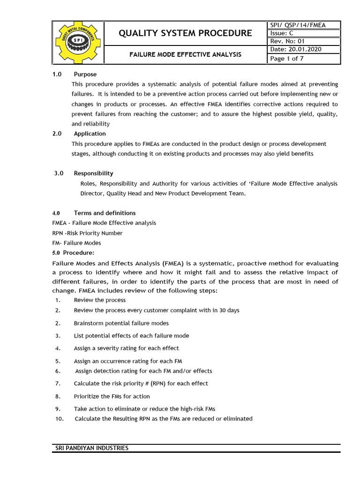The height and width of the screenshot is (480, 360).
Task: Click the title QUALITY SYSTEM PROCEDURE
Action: (185, 33)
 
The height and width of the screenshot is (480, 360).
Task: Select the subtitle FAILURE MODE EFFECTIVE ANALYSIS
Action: (185, 54)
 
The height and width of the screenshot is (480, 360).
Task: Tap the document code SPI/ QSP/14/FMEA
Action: (297, 25)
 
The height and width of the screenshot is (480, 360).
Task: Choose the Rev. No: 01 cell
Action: (288, 41)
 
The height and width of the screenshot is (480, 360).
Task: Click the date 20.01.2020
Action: (305, 50)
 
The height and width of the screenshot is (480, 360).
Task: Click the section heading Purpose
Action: (85, 74)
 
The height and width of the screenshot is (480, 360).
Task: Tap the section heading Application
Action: (90, 134)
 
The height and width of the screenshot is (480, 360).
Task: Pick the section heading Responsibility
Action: (93, 173)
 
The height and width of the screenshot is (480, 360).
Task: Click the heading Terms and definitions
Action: (105, 213)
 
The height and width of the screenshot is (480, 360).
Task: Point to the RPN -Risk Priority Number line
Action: (87, 233)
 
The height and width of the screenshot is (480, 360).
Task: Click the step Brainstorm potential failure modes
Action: (121, 323)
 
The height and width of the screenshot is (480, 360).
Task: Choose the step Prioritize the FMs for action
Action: (112, 396)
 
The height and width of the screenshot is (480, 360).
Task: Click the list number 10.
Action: (59, 419)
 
